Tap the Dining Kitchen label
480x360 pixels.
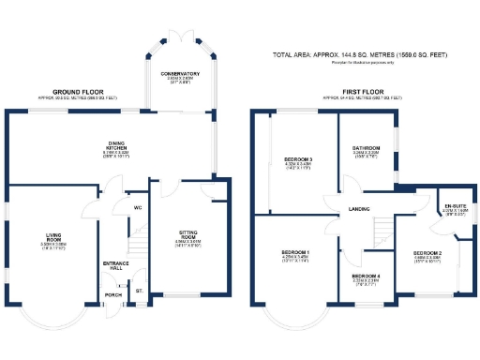pyautogui.click(x=115, y=146)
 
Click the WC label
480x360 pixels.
pyautogui.click(x=137, y=208)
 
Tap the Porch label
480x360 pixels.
pyautogui.click(x=114, y=294)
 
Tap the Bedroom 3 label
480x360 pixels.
pyautogui.click(x=297, y=160)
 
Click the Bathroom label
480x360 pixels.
pyautogui.click(x=366, y=149)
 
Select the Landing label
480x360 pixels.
pyautogui.click(x=358, y=208)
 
